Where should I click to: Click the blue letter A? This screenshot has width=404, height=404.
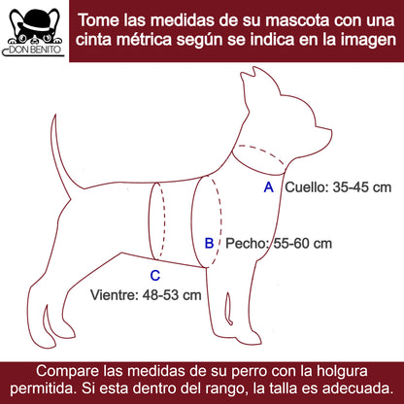pos(269,187)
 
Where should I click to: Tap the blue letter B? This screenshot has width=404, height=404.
pos(210,243)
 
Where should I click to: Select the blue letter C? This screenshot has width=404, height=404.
pos(155,276)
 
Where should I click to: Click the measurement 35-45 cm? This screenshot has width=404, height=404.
pos(362,187)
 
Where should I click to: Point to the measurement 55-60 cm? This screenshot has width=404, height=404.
pos(303,244)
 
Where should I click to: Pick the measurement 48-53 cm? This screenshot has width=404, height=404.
pos(172,295)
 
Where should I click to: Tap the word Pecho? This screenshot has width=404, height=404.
pos(247,244)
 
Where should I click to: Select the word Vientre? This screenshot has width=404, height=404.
pos(114,295)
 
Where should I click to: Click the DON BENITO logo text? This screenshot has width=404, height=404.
pos(35,50)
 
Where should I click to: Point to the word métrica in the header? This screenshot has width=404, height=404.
pos(144,40)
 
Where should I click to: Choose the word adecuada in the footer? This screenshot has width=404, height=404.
pos(358,388)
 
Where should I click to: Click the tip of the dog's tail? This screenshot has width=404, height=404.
pos(55,115)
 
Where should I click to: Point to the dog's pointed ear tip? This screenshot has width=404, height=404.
pos(254,68)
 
